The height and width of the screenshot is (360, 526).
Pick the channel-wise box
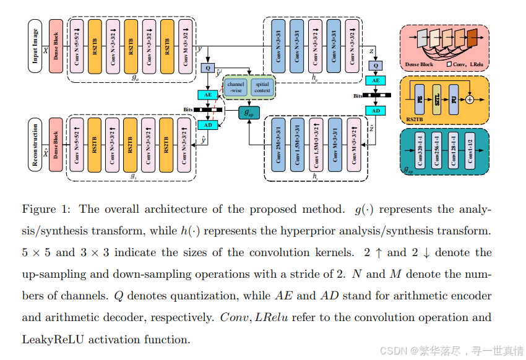236,87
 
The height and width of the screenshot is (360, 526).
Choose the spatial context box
262,87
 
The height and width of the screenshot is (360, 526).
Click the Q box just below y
207,67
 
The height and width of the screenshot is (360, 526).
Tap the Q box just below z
375,65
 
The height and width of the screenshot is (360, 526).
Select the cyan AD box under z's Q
375,110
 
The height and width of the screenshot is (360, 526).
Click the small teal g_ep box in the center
250,113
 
